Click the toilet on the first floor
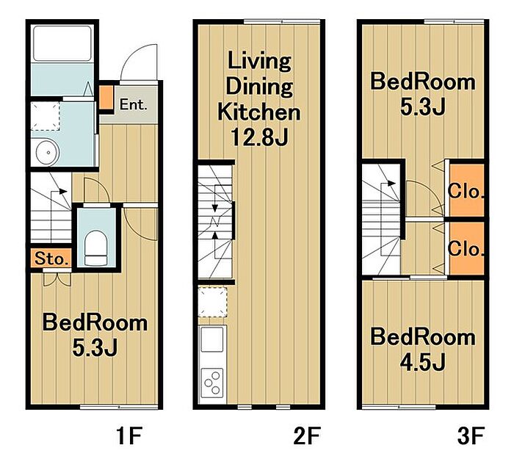click(96, 247)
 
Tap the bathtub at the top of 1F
click(62, 43)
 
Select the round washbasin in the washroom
click(48, 153)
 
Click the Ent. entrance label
click(133, 104)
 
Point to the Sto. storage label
click(52, 259)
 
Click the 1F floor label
click(129, 436)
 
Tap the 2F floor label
click(306, 436)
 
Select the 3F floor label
click(471, 436)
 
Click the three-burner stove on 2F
click(211, 383)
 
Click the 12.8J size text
click(259, 137)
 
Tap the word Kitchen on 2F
click(258, 112)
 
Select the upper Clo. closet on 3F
click(466, 190)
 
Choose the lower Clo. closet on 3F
click(466, 248)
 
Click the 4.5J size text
click(422, 363)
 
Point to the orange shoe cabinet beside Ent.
click(106, 98)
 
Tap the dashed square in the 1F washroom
click(46, 116)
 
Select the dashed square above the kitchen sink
click(213, 302)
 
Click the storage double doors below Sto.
click(57, 279)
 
